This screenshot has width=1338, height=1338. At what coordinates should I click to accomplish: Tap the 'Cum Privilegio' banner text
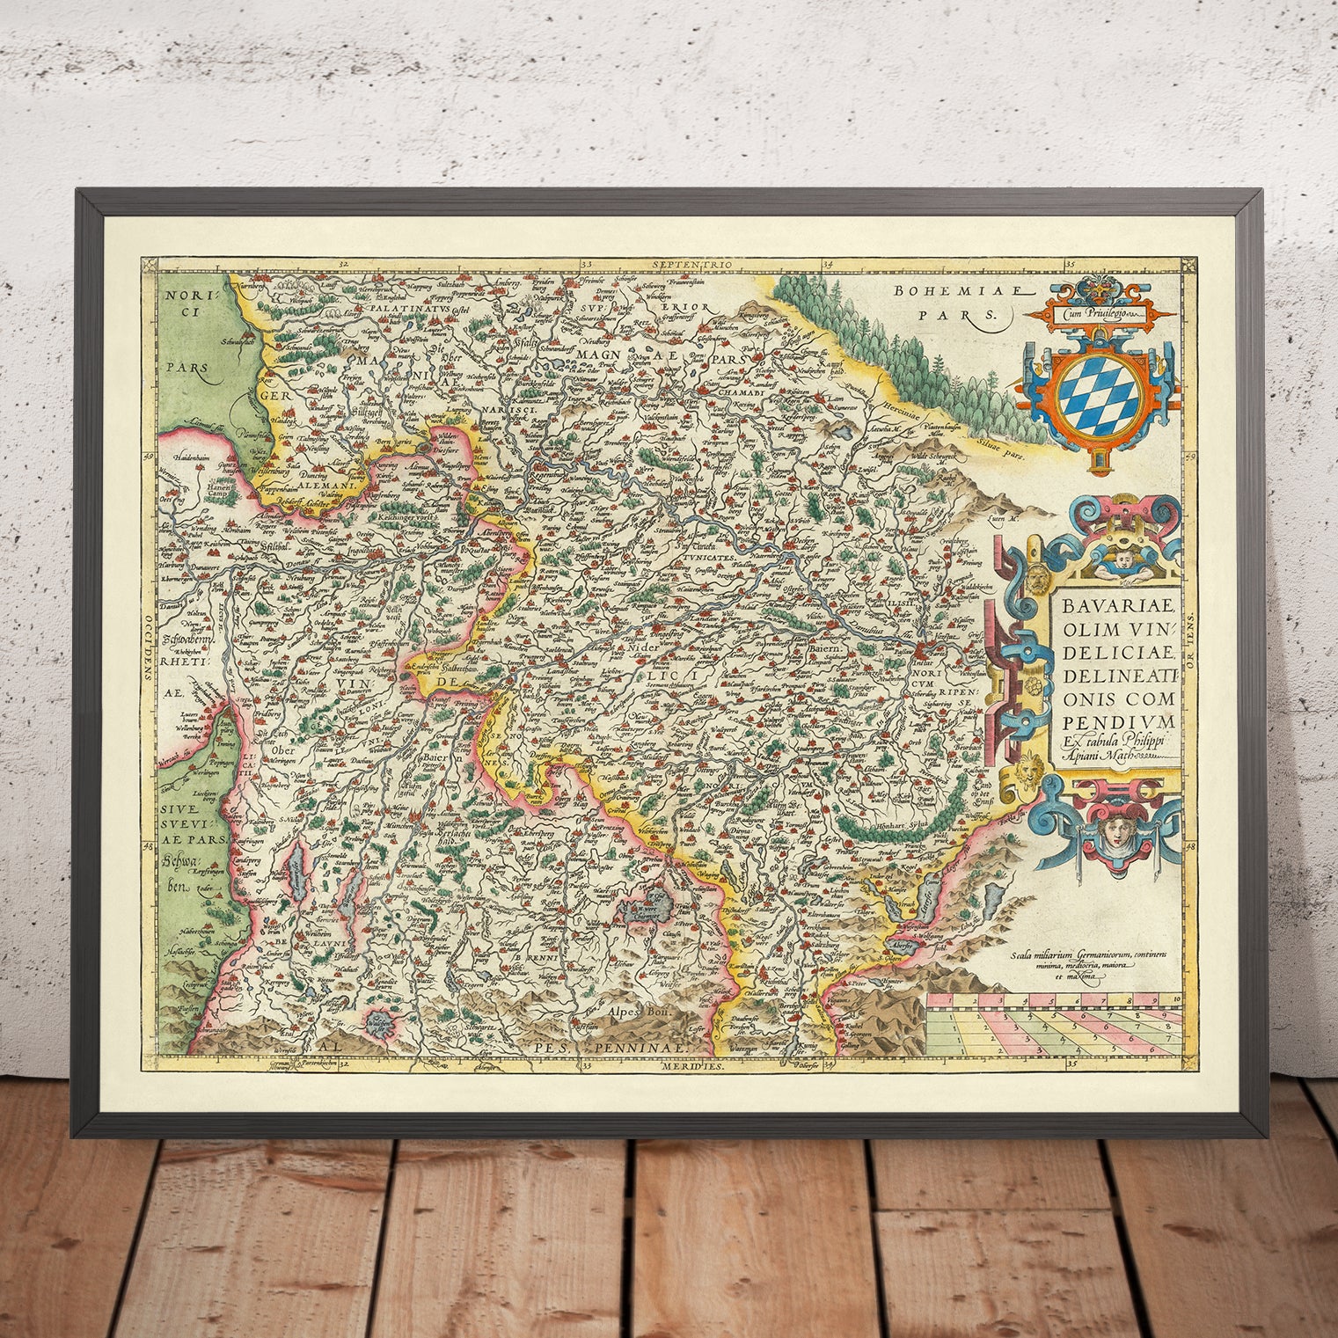(1094, 311)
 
